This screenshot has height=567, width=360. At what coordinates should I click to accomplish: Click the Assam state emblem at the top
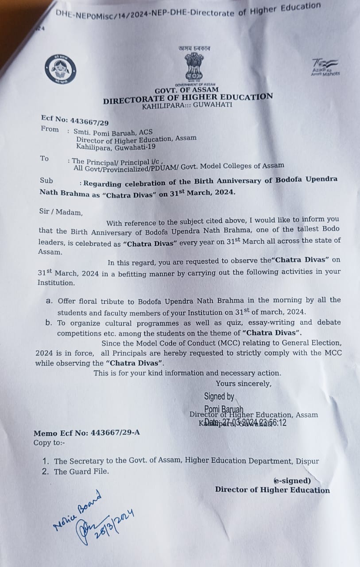click(x=194, y=67)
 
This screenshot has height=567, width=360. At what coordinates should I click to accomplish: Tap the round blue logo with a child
click(x=60, y=70)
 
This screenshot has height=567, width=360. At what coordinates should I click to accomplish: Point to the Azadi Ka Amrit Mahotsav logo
click(x=325, y=67)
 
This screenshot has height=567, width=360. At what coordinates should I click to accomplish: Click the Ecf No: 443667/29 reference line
click(x=74, y=120)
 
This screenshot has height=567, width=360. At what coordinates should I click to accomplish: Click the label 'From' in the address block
click(x=49, y=129)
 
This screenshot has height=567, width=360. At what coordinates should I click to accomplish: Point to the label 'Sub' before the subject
click(x=46, y=180)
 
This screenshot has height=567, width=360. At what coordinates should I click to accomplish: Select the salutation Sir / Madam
click(x=61, y=212)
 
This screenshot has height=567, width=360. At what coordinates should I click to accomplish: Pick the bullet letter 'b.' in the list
click(x=49, y=322)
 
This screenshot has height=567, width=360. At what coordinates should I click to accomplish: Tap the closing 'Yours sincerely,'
click(x=244, y=384)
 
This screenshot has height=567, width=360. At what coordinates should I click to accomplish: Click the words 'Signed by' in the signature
click(x=219, y=396)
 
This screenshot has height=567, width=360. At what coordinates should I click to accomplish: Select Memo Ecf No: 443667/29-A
click(x=86, y=433)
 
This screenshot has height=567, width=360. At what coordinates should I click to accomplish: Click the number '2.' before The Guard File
click(x=45, y=471)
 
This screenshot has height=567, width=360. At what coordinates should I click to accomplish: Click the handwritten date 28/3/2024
click(x=113, y=524)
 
